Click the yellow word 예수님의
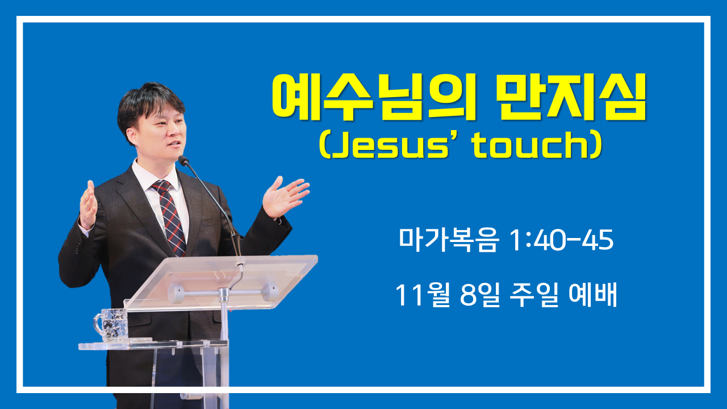coord(373,97)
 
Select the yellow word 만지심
coord(571,97)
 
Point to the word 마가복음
coord(448,240)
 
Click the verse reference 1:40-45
coord(562,240)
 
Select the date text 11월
coord(423,295)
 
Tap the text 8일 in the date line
coord(480,295)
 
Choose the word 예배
coord(592,295)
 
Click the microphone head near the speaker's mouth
coord(183,160)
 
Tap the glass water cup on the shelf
coord(111,324)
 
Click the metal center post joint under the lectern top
coord(224,294)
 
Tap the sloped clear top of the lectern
coord(221,282)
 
